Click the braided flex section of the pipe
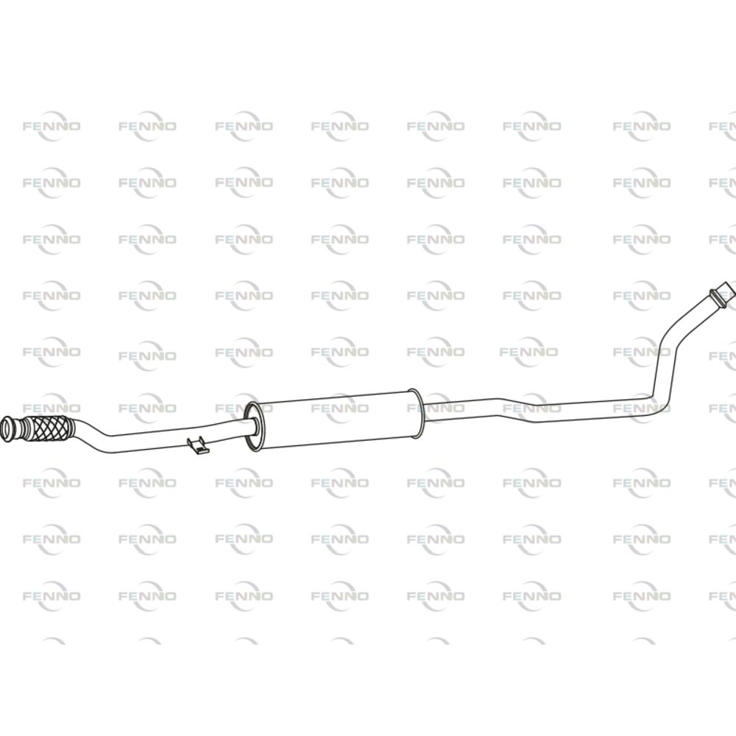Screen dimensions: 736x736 [x=52, y=428]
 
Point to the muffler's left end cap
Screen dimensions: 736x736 [x=252, y=426]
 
